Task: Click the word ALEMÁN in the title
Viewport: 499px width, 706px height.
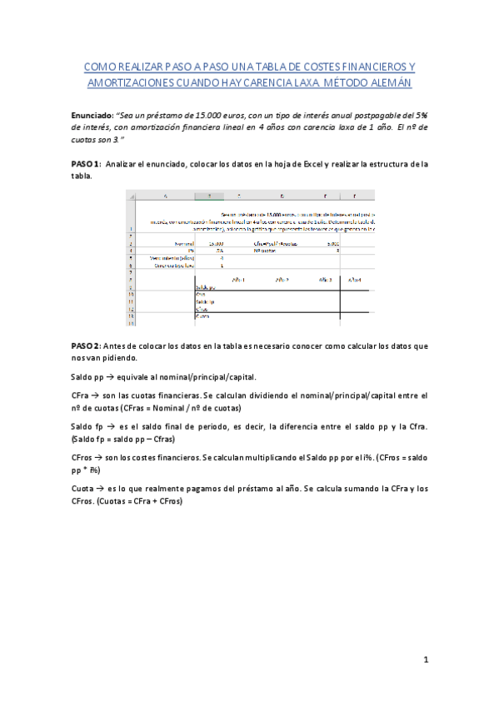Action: coord(389,84)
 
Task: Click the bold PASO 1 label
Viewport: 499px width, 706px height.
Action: coord(86,164)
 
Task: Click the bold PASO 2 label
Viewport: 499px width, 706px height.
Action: coord(86,345)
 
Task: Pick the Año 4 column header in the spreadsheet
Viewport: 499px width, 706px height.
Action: coord(355,280)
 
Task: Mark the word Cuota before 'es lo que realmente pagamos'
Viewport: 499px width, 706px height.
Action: coord(84,489)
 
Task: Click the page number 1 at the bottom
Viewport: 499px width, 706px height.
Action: coord(425,660)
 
